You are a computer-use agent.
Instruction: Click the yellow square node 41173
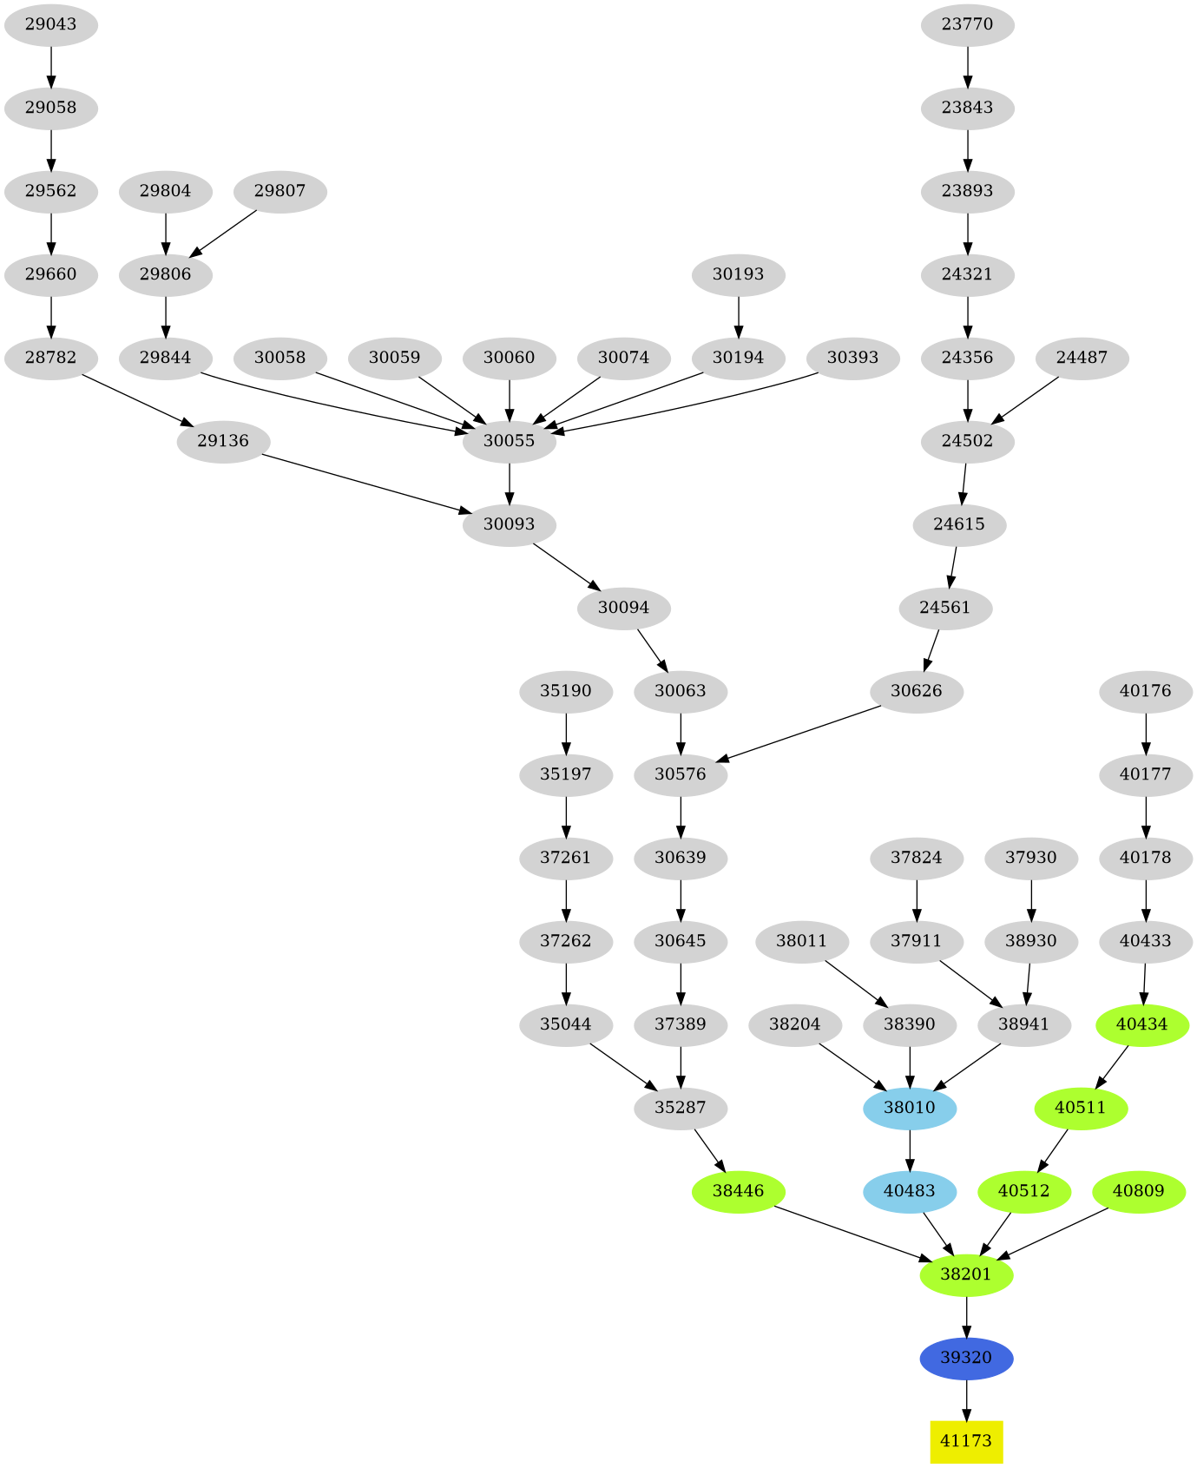tap(966, 1441)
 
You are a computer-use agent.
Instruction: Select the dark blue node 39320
tap(966, 1358)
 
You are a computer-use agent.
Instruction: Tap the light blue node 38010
tap(910, 1108)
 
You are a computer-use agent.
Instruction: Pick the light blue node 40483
tap(910, 1191)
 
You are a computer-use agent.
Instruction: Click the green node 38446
tap(738, 1191)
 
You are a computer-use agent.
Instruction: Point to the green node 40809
tap(1138, 1191)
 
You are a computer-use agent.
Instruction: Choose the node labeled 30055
tap(509, 441)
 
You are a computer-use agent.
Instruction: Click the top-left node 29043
tap(50, 24)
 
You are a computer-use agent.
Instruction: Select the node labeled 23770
tap(967, 24)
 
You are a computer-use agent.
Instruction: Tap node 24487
tap(1082, 358)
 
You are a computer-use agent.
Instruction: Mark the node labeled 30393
tap(852, 358)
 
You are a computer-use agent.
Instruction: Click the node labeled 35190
tap(566, 691)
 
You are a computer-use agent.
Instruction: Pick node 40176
tap(1146, 691)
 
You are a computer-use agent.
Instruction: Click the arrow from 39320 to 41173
tap(966, 1399)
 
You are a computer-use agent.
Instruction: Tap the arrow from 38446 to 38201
tap(851, 1233)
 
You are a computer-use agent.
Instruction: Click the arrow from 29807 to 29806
tap(223, 233)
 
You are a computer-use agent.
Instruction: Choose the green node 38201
tap(966, 1274)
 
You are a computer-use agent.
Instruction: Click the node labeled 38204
tap(794, 1024)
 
